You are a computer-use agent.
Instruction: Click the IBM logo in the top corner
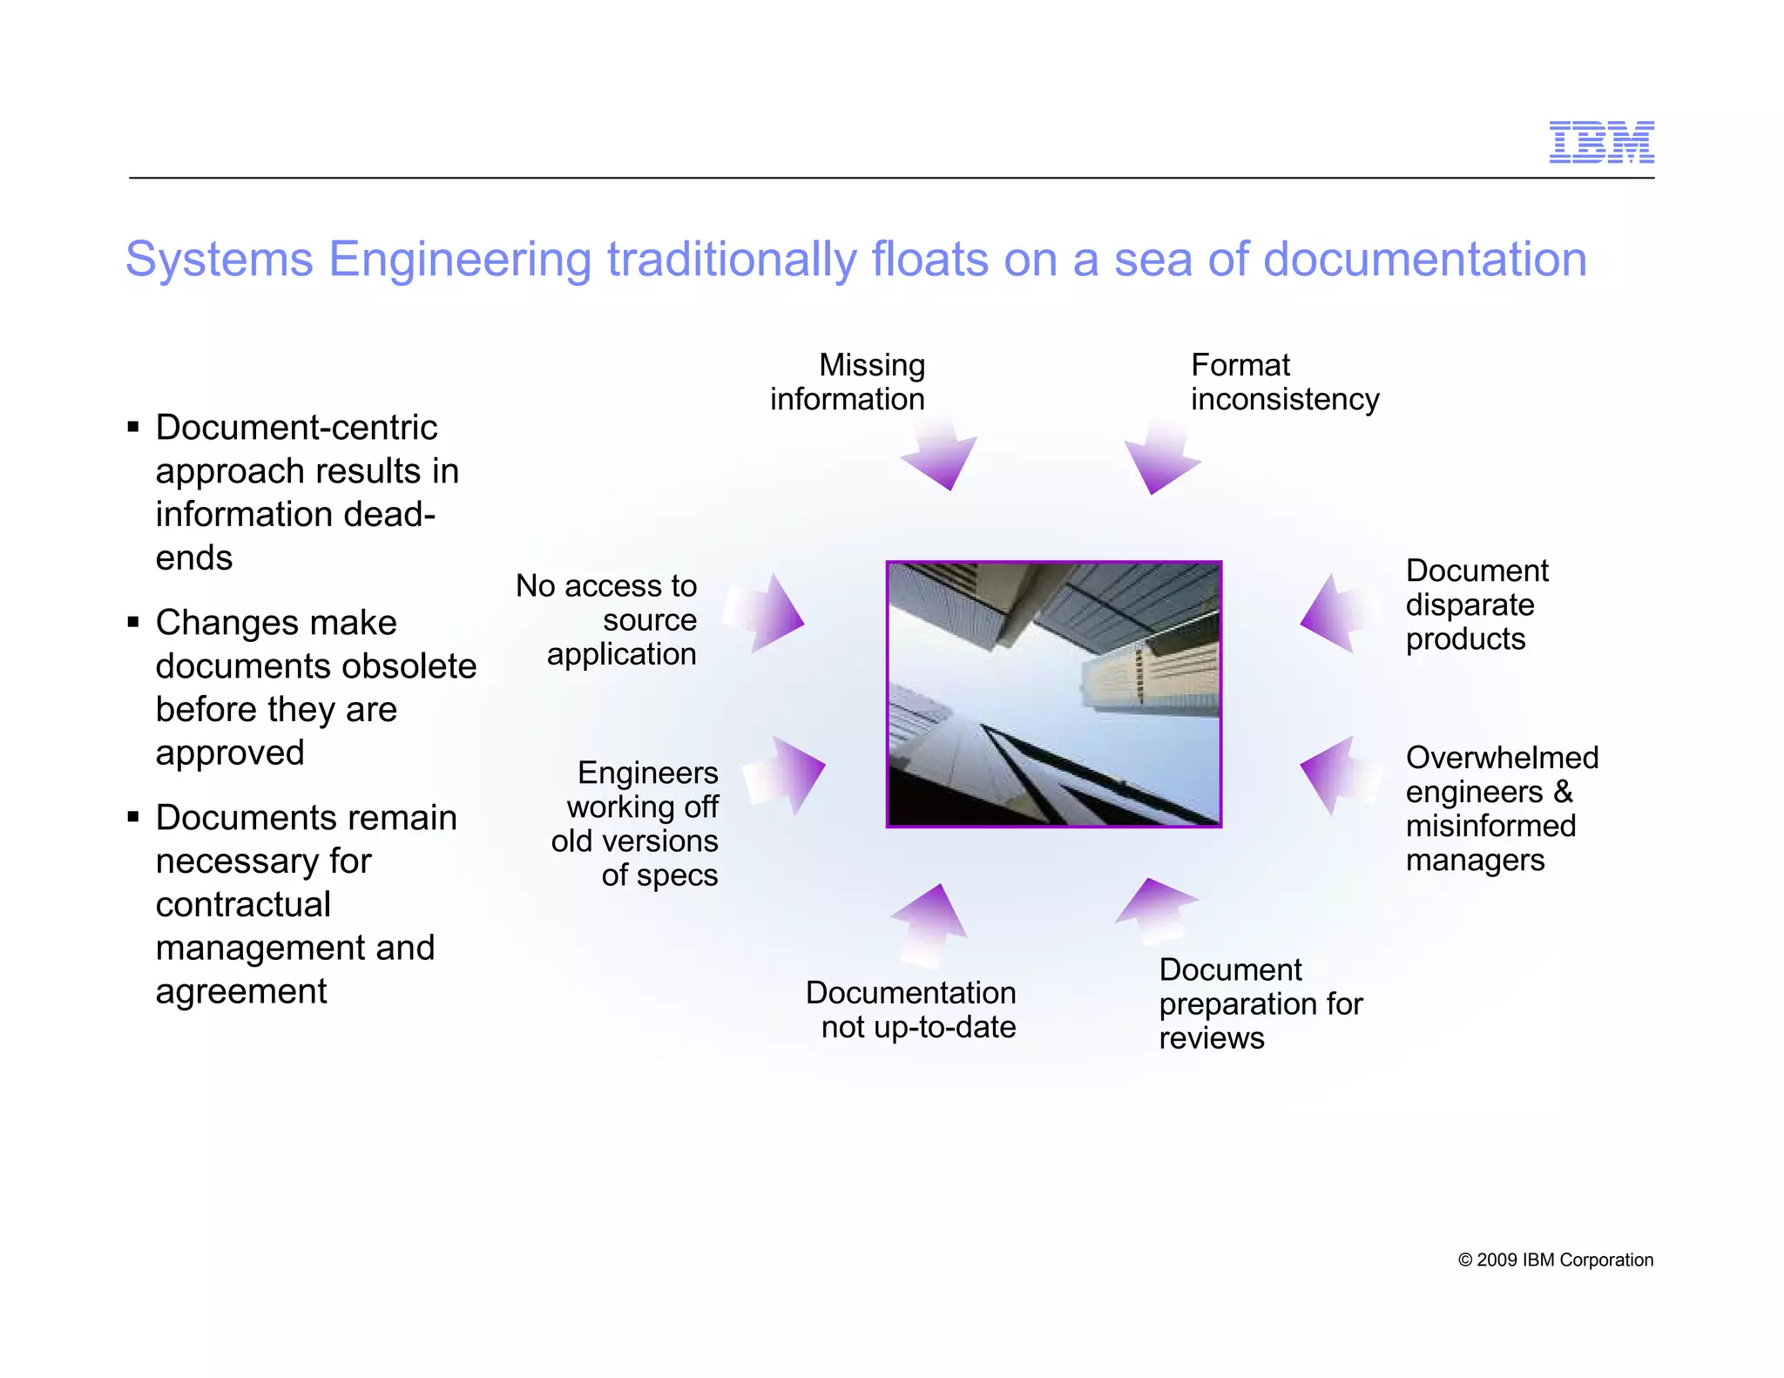(x=1601, y=142)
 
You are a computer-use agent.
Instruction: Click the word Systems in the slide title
(x=219, y=260)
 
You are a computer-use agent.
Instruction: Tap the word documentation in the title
(x=1424, y=260)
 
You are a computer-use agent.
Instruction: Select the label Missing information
(x=848, y=382)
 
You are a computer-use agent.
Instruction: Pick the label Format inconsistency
(x=1284, y=382)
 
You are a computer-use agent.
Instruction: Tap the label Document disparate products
(x=1477, y=605)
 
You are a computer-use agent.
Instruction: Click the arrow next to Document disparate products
(x=1337, y=615)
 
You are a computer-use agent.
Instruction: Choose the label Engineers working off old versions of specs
(x=636, y=823)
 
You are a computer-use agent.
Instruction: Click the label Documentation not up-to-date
(x=912, y=1010)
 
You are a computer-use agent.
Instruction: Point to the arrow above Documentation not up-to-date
(x=929, y=923)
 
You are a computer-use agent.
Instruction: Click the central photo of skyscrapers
(x=1053, y=694)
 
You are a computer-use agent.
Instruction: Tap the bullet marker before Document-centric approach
(x=133, y=427)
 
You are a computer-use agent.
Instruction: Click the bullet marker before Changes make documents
(x=133, y=622)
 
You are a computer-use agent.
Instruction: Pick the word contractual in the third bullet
(x=243, y=904)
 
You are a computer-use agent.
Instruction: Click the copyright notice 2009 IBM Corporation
(x=1555, y=1260)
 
